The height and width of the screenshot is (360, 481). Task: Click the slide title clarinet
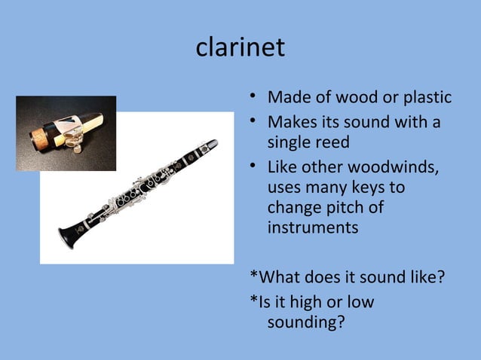point(240,48)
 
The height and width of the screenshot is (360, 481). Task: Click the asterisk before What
point(253,279)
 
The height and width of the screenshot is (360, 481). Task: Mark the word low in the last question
point(358,302)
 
